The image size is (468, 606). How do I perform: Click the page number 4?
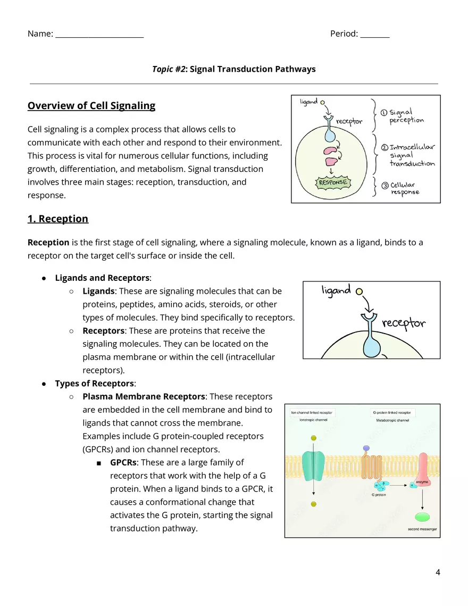438,572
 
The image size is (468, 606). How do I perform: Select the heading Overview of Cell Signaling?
91,105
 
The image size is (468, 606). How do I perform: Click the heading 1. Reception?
58,219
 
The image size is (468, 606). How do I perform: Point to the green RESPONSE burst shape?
333,182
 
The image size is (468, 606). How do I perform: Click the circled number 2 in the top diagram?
385,147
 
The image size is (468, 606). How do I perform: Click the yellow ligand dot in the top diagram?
322,101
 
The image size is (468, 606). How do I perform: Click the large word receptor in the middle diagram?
404,323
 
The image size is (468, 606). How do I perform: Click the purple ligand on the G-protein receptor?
365,449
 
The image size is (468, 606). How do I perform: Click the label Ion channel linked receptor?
312,412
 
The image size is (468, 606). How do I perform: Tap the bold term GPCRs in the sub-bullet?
124,462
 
